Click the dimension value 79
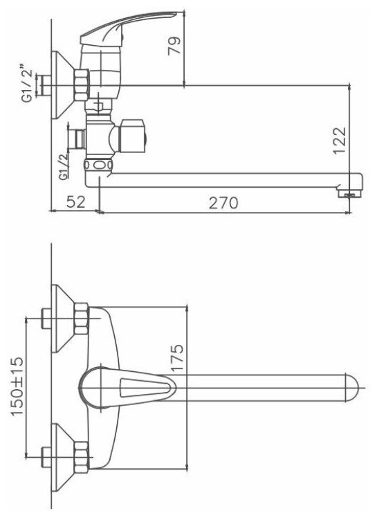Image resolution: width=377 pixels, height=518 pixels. pyautogui.click(x=174, y=46)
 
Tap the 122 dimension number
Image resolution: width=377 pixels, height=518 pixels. pyautogui.click(x=340, y=140)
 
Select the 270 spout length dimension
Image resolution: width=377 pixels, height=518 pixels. pyautogui.click(x=223, y=202)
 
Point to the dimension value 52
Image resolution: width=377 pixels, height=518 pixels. pyautogui.click(x=76, y=202)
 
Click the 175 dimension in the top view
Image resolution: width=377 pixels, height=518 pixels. pyautogui.click(x=177, y=357)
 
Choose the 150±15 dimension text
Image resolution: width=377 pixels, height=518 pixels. pyautogui.click(x=17, y=386)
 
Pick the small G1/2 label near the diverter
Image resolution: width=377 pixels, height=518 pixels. pyautogui.click(x=63, y=166)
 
